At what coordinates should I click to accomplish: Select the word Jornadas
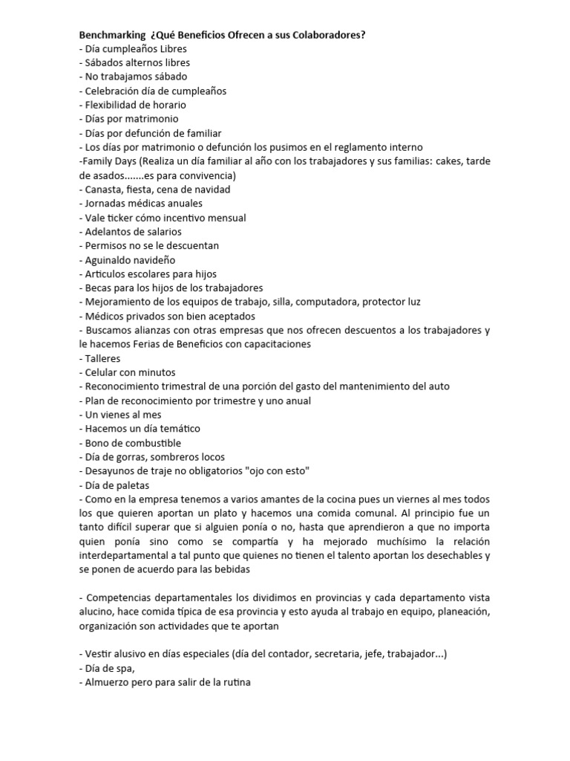click(x=108, y=204)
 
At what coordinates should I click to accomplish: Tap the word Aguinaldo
click(x=112, y=260)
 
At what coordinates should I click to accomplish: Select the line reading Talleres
click(x=103, y=358)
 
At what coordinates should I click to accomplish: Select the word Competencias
click(x=120, y=598)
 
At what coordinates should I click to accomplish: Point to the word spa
click(x=123, y=668)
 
